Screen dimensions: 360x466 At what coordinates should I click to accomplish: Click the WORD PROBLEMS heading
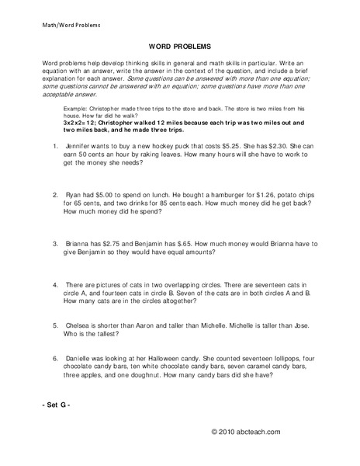click(179, 46)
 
